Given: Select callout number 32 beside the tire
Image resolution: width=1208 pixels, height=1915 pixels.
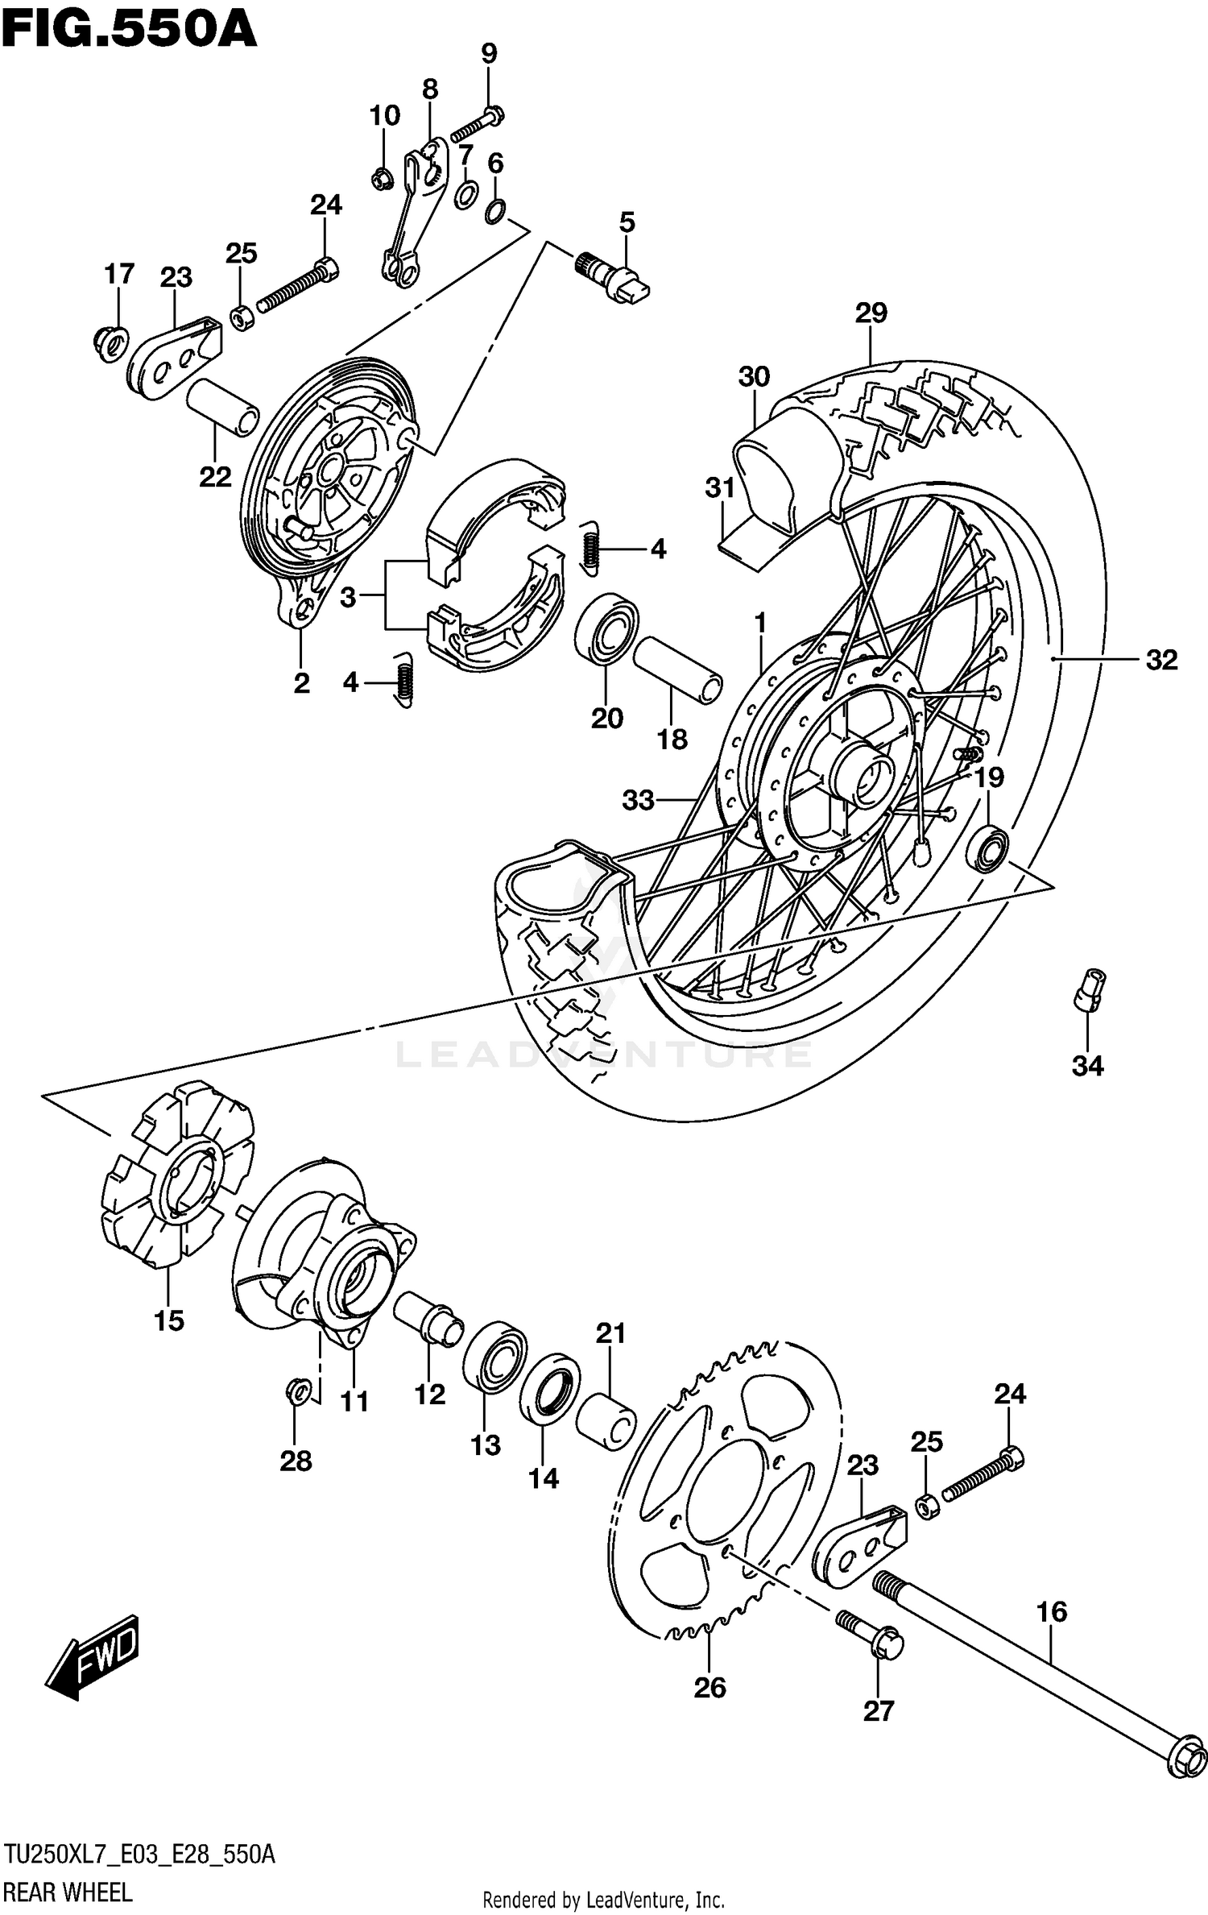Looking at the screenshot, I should point(1161,660).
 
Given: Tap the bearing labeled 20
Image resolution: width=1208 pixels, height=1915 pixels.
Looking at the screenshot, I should point(606,628).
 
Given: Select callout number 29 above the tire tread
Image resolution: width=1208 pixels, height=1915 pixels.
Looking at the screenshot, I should point(871,313).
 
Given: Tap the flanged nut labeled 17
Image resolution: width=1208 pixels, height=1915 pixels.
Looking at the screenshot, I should point(109,344).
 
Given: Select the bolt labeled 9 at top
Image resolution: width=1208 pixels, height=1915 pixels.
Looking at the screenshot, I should point(478,123).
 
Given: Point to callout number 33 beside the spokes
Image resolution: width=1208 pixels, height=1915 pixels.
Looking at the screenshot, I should point(638,800).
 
